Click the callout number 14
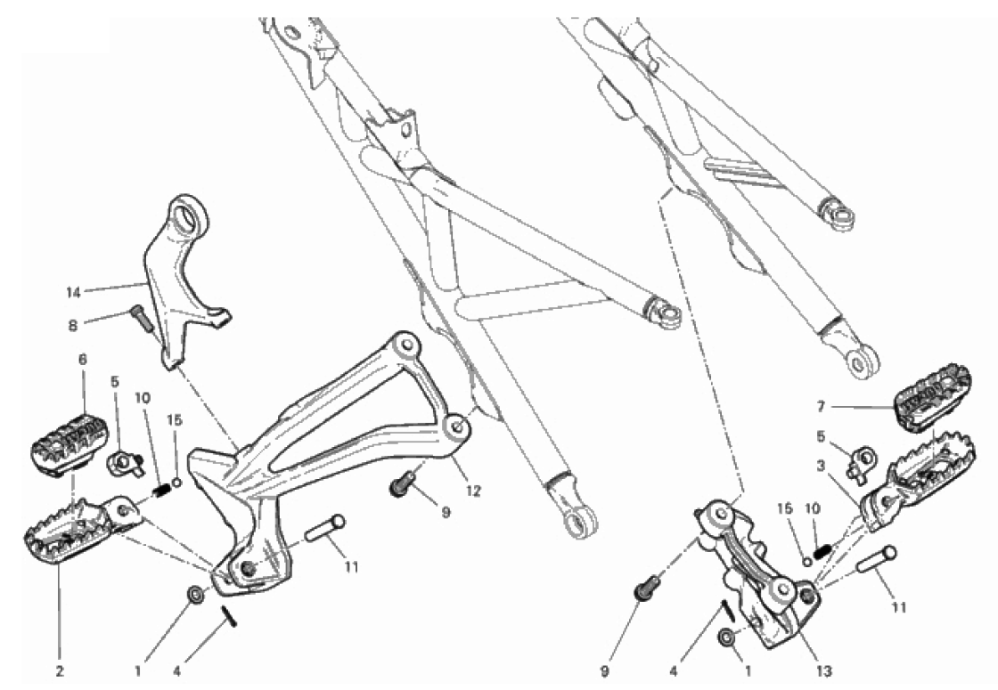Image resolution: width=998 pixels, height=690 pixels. (x=74, y=293)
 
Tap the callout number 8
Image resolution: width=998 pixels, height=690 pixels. (x=73, y=326)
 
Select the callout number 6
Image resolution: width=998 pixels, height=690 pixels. (x=83, y=360)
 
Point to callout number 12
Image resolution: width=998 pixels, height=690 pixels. (x=473, y=491)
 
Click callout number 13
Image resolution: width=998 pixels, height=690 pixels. (x=824, y=670)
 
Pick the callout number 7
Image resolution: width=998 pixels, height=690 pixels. (x=821, y=406)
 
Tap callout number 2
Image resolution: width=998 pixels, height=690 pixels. (x=60, y=670)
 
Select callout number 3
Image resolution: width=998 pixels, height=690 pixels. (x=821, y=467)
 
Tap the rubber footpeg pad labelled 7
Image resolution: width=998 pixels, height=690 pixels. (x=933, y=395)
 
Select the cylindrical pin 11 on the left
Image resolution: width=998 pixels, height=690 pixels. (x=324, y=529)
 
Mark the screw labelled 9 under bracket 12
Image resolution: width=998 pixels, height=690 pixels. (x=402, y=485)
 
